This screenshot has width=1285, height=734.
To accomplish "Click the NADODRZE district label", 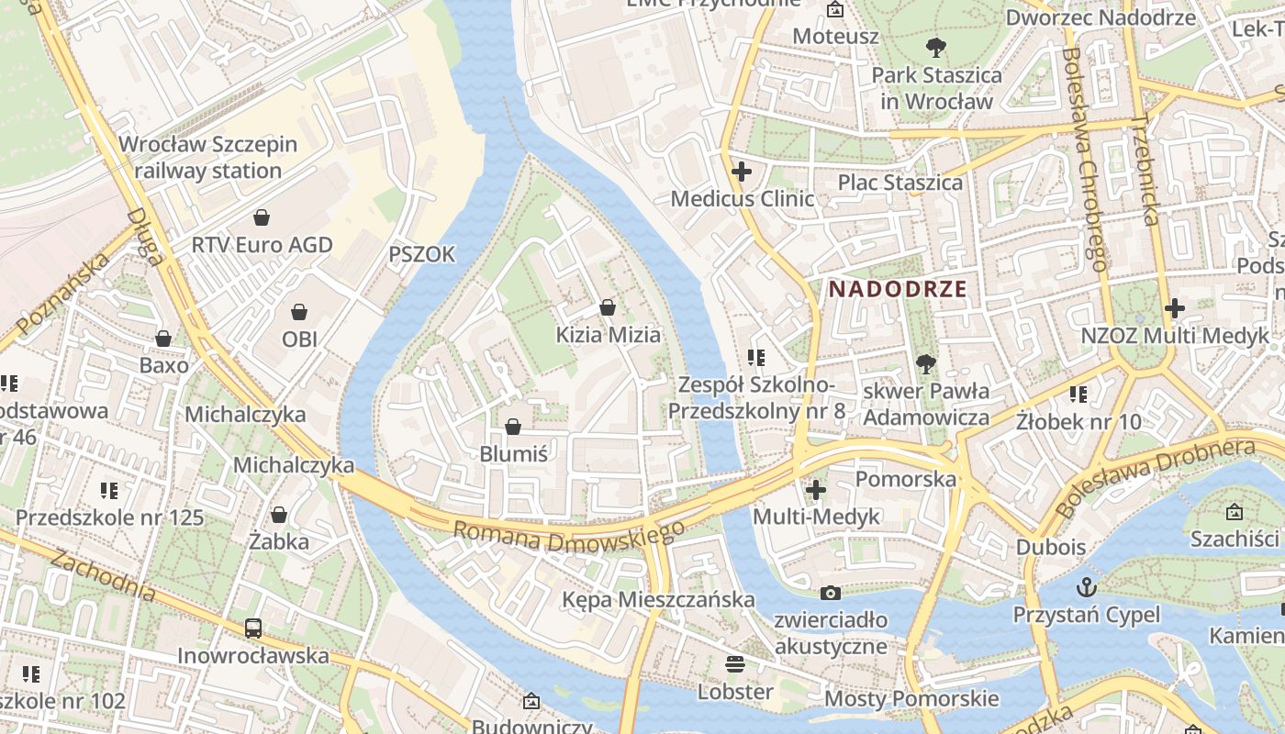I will point(898,289).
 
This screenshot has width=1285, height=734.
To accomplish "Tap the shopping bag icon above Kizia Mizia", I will point(607,307).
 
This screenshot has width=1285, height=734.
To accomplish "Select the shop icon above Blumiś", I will point(513,427).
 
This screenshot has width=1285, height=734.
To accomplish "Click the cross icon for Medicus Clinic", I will point(742,171).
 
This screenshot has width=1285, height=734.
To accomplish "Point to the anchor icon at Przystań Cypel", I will point(1087,586).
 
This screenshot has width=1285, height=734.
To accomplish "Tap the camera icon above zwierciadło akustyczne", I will point(831,593).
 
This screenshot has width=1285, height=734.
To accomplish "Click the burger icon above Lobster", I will point(734,663).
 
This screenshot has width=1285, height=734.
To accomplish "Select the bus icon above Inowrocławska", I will point(253,628).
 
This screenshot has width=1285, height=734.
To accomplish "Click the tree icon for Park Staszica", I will point(936,47).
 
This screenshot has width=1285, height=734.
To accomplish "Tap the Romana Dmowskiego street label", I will point(569,537).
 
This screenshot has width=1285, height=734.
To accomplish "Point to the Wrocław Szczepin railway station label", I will point(208,158).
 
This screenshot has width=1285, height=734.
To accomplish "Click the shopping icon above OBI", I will point(299,312).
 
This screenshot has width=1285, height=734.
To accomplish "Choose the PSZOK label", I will point(421,255).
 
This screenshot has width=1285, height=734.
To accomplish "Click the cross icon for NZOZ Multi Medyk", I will point(1174,308).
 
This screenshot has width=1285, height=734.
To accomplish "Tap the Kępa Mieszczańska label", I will point(658,599).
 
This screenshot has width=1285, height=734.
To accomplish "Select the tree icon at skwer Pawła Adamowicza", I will point(926,364).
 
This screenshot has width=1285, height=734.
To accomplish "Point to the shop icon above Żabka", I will point(279,515).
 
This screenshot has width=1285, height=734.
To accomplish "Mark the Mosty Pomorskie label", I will point(911,698).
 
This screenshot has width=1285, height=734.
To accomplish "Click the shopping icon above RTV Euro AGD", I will point(262,217).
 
